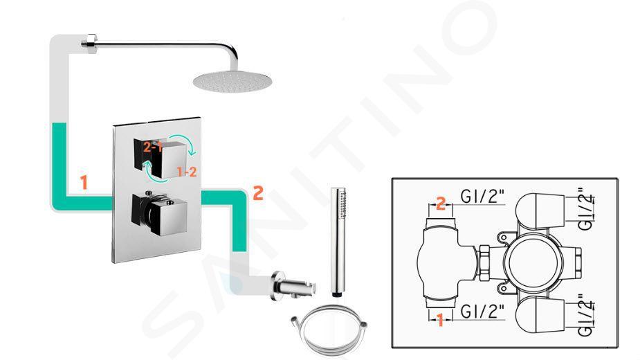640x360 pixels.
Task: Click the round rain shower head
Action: point(232,80)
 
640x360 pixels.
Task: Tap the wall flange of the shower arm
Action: point(89,42)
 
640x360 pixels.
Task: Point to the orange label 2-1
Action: point(153,147)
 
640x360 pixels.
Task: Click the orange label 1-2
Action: point(187,172)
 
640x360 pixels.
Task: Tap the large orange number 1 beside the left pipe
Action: point(84,183)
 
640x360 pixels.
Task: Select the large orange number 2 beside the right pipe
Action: point(258,193)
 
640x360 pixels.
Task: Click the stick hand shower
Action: point(338,241)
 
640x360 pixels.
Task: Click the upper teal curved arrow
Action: point(183,145)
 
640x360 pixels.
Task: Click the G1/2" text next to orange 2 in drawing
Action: point(482,197)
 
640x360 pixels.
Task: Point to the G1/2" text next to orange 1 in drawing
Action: point(482,312)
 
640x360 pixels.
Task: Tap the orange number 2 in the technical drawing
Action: point(441,203)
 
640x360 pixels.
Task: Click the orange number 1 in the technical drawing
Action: point(440,320)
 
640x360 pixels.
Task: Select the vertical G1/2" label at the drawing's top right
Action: point(586,209)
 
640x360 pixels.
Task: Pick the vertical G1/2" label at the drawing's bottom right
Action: point(586,316)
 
